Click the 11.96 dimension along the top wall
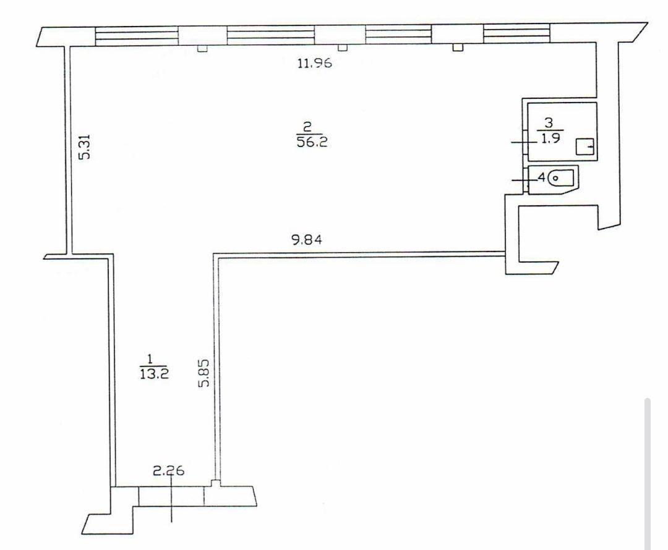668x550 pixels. [314, 64]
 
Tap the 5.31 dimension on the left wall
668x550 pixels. [85, 146]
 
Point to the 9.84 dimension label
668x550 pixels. [307, 240]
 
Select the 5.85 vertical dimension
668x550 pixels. [204, 373]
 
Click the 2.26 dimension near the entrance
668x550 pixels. [168, 470]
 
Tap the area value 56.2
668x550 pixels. [312, 142]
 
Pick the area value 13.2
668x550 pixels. [154, 374]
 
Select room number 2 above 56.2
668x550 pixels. [307, 127]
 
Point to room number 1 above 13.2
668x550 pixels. [149, 359]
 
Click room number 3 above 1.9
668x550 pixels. [549, 123]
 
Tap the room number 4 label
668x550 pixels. [542, 176]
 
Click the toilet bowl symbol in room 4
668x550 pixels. [561, 177]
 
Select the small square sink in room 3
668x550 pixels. [585, 147]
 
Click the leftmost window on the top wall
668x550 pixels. [136, 36]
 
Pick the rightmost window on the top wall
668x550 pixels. [516, 33]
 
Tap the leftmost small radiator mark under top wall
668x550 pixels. [202, 49]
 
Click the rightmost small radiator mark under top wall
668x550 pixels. [458, 47]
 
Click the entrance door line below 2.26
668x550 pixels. [171, 498]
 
